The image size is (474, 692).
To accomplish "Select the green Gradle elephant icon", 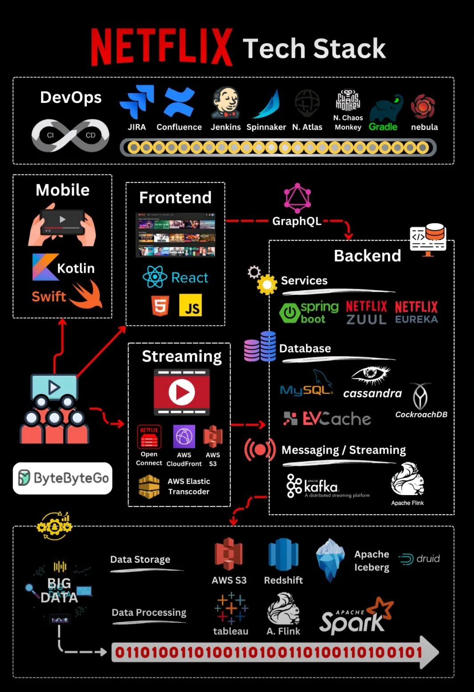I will pyautogui.click(x=386, y=109).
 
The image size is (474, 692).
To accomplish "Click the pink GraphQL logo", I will pyautogui.click(x=297, y=199).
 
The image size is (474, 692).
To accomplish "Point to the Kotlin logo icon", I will pyautogui.click(x=45, y=267).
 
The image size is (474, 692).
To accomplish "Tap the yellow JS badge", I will pyautogui.click(x=190, y=305).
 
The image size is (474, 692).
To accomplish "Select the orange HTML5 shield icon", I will pyautogui.click(x=160, y=306).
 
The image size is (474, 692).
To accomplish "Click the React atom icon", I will pyautogui.click(x=155, y=277).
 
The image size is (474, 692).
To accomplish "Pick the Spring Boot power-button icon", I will pyautogui.click(x=290, y=313).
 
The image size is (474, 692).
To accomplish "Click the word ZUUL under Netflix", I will pyautogui.click(x=366, y=319).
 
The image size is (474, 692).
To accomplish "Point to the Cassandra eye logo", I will pyautogui.click(x=371, y=375).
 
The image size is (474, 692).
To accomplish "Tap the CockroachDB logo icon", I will pyautogui.click(x=420, y=396).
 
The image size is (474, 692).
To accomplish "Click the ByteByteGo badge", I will pyautogui.click(x=63, y=478).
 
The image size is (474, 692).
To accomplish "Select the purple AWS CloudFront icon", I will pyautogui.click(x=184, y=437).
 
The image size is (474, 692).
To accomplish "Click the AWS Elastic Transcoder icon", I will pyautogui.click(x=149, y=486).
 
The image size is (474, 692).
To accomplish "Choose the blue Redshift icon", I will pyautogui.click(x=283, y=555).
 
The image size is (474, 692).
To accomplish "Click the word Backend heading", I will pyautogui.click(x=368, y=256).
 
